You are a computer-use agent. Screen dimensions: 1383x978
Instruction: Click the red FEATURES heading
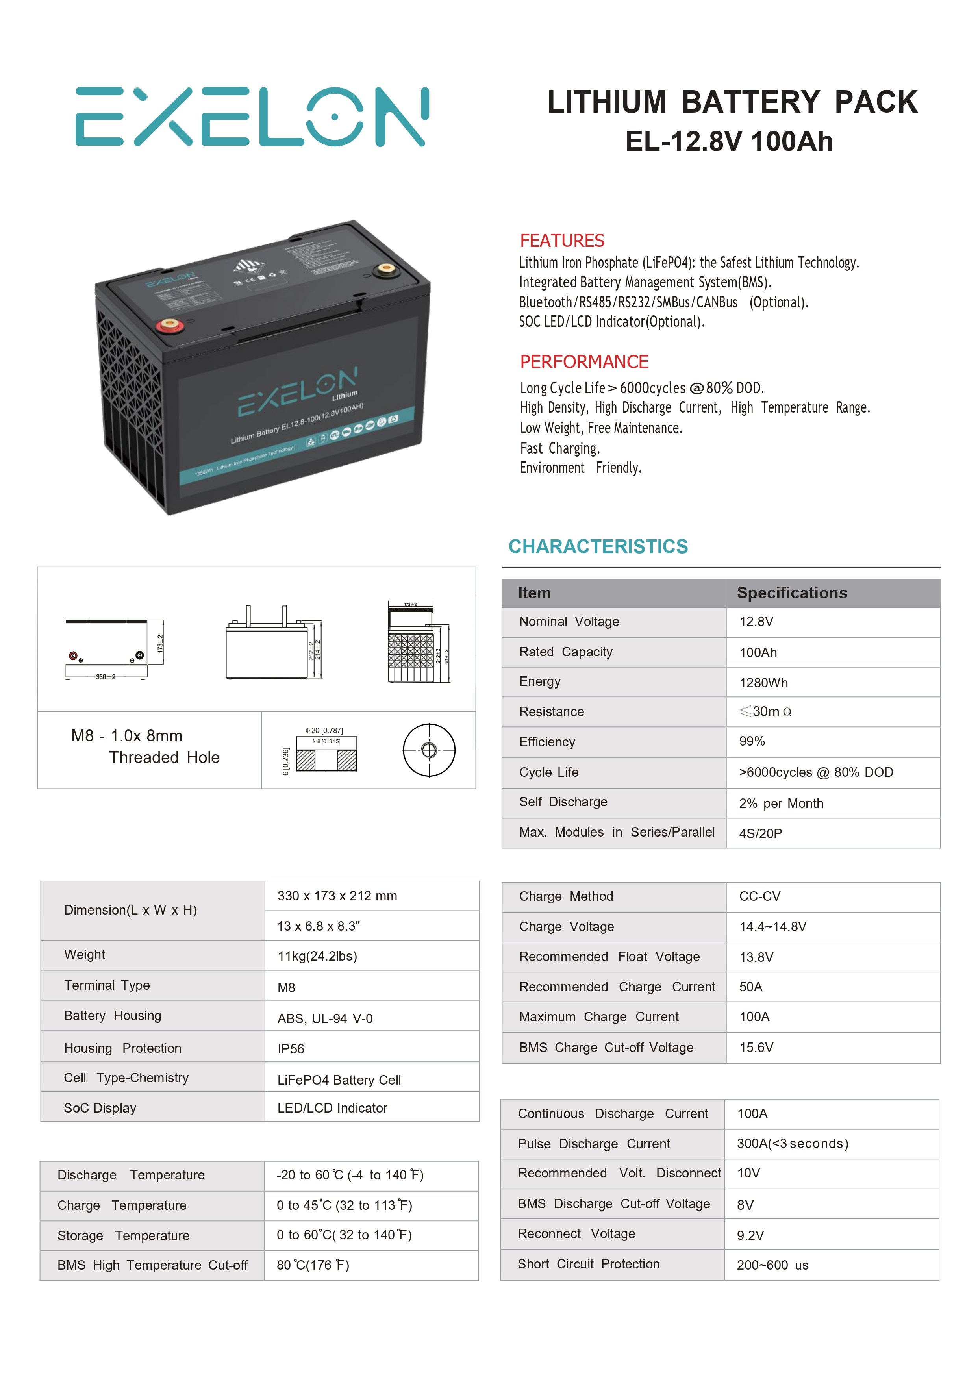561,241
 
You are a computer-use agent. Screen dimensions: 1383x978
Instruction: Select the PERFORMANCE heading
584,362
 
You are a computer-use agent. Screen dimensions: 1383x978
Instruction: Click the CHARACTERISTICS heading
598,546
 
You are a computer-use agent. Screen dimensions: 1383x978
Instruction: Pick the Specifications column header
792,593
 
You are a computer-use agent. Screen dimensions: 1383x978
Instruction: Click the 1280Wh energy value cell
763,683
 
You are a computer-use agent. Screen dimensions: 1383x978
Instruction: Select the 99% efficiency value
752,741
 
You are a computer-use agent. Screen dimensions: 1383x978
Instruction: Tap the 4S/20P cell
760,834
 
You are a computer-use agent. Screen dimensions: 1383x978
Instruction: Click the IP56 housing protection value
291,1049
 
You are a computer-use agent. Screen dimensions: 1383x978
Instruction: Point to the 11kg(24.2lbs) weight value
317,957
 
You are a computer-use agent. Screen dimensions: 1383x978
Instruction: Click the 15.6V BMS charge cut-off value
756,1048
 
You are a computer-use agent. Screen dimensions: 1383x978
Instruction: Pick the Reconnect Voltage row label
576,1234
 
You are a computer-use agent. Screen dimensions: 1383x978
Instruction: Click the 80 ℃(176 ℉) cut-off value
313,1265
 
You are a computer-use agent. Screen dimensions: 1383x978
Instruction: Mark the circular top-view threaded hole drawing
429,750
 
